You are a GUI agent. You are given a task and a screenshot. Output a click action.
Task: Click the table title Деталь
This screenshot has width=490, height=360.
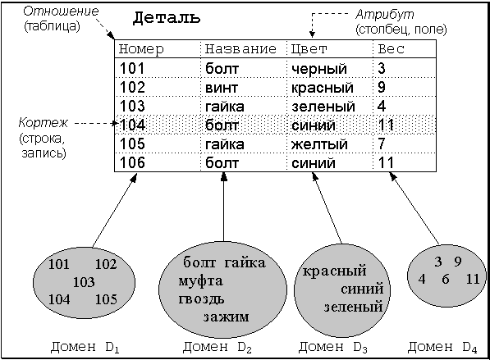(167, 18)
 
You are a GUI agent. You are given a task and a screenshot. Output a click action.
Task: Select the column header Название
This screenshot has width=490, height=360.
(240, 49)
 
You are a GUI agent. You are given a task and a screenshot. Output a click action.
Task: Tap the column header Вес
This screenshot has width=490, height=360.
(392, 49)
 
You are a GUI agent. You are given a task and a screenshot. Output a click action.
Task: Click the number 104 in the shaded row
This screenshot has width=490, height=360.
(132, 125)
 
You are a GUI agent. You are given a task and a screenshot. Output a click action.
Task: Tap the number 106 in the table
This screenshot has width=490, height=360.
(132, 162)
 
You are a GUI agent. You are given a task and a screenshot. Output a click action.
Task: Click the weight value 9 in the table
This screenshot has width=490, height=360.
(382, 88)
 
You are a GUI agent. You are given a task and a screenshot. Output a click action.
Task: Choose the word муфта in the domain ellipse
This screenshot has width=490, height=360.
(200, 281)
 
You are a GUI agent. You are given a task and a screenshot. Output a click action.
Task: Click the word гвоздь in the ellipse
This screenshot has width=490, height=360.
(201, 298)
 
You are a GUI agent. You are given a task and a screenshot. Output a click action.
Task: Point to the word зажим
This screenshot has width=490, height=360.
(227, 317)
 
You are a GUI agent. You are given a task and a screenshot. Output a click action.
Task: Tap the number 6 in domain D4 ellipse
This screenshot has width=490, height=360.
(446, 279)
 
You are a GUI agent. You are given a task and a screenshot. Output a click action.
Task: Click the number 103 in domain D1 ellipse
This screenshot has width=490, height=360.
(84, 282)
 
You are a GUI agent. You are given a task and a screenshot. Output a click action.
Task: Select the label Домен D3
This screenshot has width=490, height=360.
(332, 347)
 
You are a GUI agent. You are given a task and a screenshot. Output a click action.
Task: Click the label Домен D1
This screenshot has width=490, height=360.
(85, 347)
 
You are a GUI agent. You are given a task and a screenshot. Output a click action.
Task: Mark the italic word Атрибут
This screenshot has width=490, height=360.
(385, 15)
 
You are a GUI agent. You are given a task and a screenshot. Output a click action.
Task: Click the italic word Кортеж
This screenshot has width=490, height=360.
(43, 122)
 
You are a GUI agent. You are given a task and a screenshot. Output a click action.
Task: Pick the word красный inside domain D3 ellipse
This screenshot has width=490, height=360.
(334, 271)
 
